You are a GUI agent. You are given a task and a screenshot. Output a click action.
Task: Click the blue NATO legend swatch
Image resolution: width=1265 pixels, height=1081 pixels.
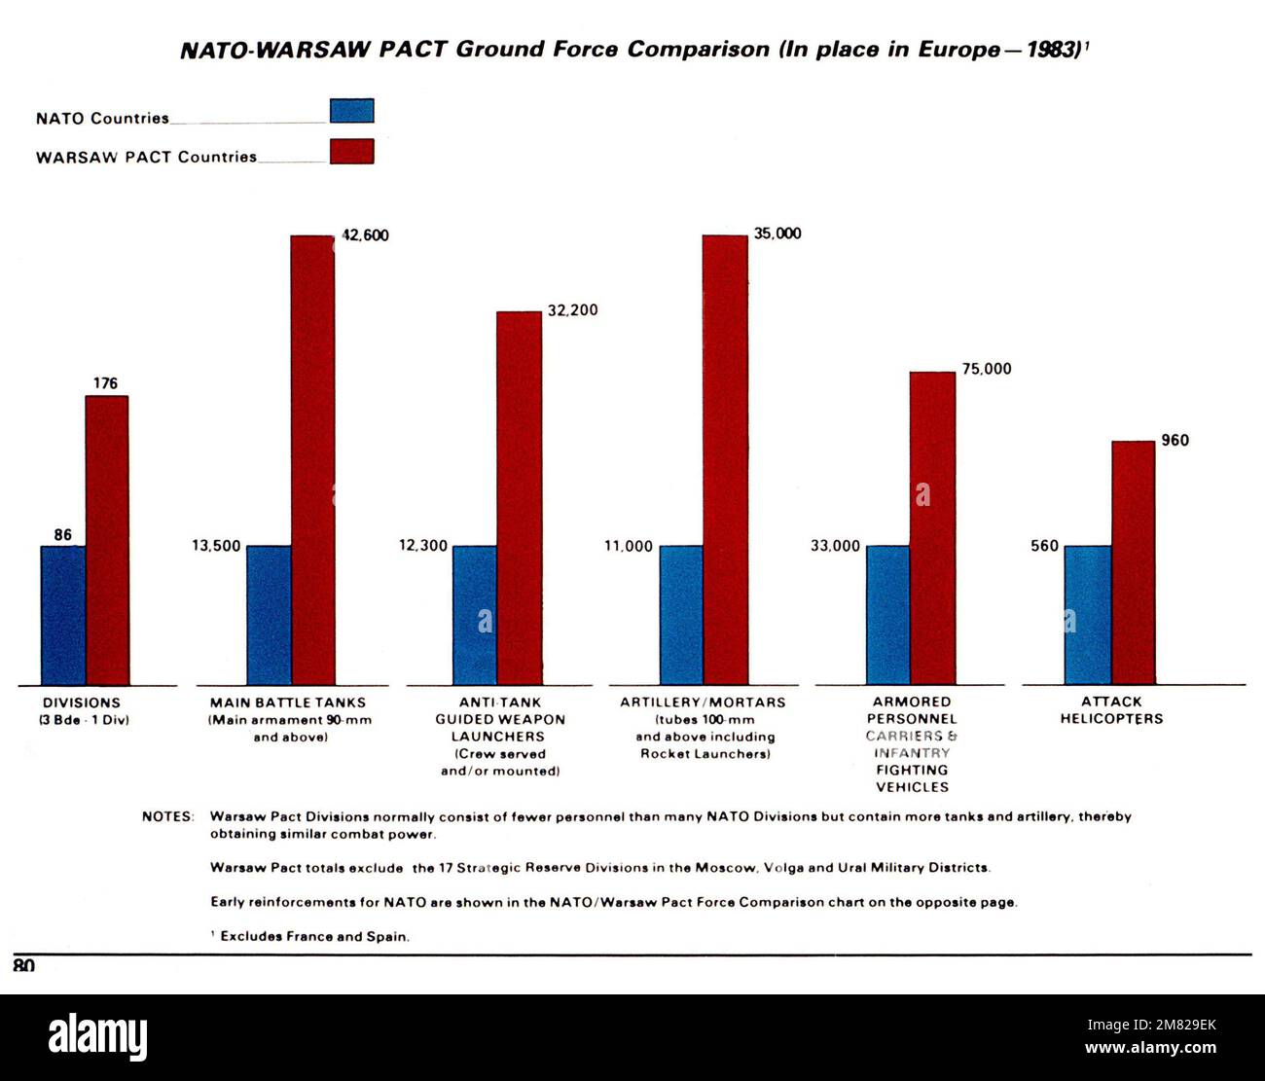click(x=351, y=111)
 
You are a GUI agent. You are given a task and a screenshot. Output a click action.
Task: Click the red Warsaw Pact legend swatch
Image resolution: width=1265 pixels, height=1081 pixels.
click(x=351, y=151)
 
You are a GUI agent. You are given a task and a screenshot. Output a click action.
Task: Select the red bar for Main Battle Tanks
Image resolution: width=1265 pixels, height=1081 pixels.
click(x=312, y=459)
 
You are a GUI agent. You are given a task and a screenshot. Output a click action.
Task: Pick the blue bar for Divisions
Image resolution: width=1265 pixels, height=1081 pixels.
click(x=62, y=615)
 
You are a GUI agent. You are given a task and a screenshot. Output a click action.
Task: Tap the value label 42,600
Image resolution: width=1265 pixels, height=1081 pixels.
click(x=364, y=234)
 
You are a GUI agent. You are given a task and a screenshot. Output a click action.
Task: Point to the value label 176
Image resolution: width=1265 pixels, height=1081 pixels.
click(x=105, y=383)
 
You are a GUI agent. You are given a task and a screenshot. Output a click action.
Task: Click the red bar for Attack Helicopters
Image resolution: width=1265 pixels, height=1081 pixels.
click(x=1133, y=562)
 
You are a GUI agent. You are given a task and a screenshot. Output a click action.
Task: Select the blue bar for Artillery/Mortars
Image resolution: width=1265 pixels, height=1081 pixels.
click(x=681, y=615)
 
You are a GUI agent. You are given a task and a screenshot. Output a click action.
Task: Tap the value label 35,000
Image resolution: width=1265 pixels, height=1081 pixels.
click(x=777, y=234)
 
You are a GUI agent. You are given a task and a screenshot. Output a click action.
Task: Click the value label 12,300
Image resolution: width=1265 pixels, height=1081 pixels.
click(x=423, y=546)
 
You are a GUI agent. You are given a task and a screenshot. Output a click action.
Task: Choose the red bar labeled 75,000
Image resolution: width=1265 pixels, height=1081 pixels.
click(x=932, y=527)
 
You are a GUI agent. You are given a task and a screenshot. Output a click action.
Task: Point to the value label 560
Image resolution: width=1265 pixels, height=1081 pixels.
click(x=1044, y=546)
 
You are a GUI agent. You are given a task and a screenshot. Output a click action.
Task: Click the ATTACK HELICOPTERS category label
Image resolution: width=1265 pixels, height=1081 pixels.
click(x=1110, y=710)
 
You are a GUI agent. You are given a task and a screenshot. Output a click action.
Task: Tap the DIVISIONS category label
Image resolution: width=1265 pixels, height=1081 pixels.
click(x=82, y=703)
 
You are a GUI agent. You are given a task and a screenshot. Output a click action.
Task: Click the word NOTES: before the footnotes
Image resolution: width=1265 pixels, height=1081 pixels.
click(x=168, y=816)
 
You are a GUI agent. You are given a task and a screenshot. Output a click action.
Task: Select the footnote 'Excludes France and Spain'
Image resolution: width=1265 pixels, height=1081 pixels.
click(x=313, y=937)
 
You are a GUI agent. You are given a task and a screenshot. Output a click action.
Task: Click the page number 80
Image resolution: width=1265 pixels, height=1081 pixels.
click(x=24, y=965)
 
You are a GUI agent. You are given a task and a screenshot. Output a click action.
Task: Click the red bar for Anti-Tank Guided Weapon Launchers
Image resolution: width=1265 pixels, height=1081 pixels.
click(x=519, y=498)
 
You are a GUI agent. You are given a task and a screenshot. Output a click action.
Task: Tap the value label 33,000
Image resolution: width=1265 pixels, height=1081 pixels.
click(x=835, y=546)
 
